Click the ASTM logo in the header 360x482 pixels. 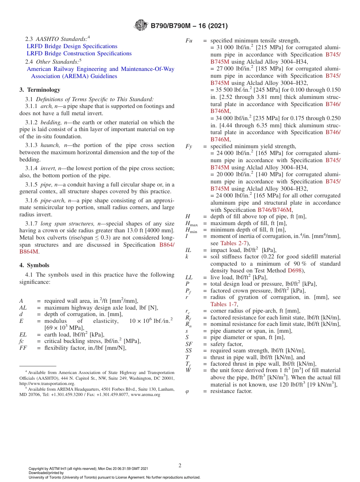(141, 26)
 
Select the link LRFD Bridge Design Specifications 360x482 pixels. (72, 46)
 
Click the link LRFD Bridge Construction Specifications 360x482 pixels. (79, 53)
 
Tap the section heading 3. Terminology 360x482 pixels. (39, 90)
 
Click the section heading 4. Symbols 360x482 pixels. (34, 265)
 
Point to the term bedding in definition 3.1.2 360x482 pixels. (51, 122)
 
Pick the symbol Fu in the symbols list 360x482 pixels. (189, 41)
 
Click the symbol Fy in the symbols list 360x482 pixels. (189, 146)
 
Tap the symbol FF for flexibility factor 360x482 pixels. (23, 348)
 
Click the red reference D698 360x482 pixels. (294, 271)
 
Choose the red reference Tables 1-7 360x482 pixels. (224, 304)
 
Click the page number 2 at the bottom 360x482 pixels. (180, 465)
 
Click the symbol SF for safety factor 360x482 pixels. (189, 344)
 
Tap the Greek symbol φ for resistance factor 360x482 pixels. (187, 391)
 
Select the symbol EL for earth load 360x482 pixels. (23, 335)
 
